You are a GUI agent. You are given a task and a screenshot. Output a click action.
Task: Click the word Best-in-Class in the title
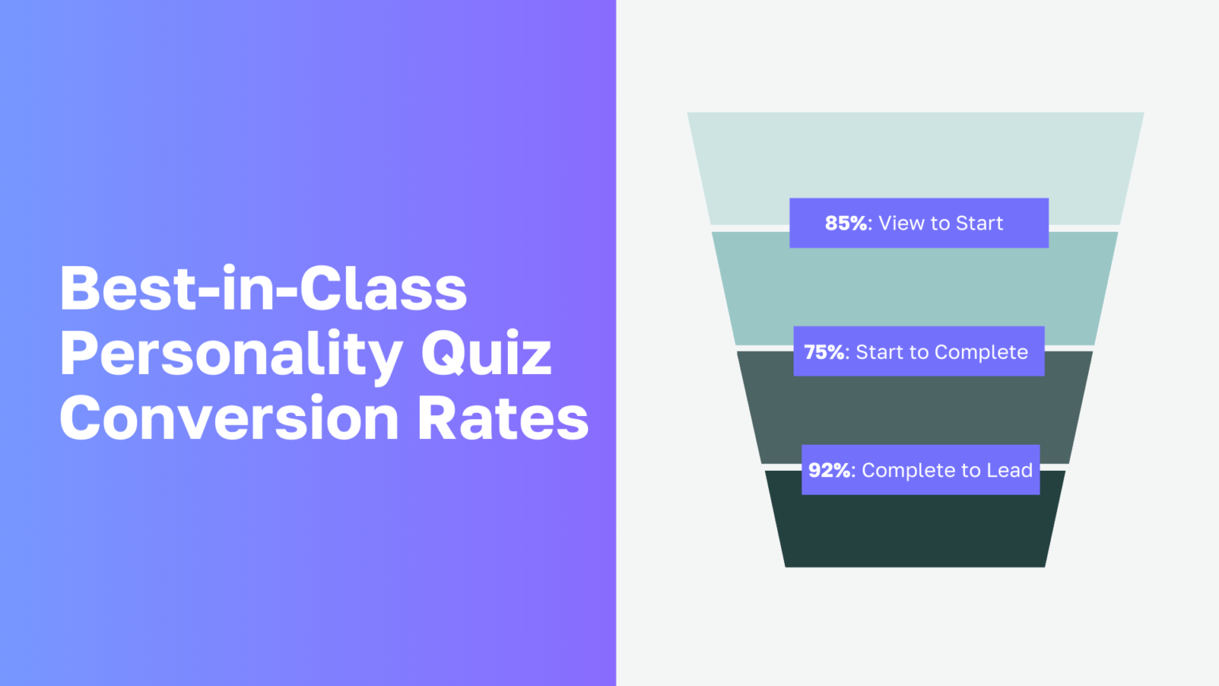click(x=263, y=289)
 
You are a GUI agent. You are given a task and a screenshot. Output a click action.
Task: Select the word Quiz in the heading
click(x=486, y=354)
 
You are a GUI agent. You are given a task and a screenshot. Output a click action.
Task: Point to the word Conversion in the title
click(x=229, y=418)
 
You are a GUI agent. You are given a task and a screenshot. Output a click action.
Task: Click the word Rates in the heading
click(x=503, y=418)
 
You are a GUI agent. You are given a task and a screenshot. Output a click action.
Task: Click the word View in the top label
click(x=902, y=223)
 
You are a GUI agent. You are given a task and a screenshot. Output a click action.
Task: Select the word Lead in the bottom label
click(x=1009, y=470)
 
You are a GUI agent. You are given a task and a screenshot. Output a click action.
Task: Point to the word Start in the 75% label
click(x=878, y=352)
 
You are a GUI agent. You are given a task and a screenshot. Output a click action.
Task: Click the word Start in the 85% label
click(x=979, y=223)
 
